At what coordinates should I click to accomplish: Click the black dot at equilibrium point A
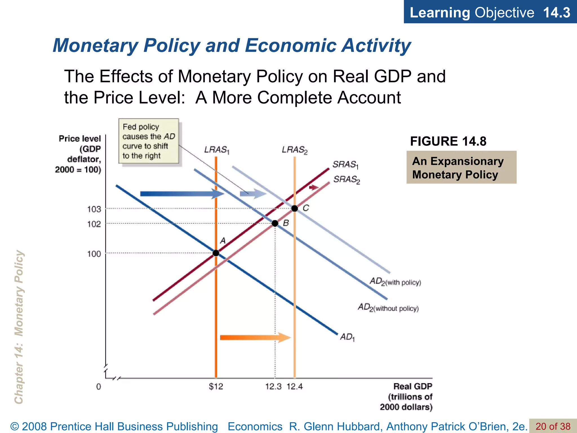[x=216, y=253]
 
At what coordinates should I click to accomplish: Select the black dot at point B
[x=275, y=223]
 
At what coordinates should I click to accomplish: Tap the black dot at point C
[x=294, y=209]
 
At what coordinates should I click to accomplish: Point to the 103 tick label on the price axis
[x=94, y=209]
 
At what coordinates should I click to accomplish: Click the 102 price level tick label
[x=94, y=224]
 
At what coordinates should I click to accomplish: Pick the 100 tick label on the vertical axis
[x=94, y=254]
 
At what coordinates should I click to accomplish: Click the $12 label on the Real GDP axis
[x=216, y=386]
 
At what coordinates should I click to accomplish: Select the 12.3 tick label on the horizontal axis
[x=273, y=386]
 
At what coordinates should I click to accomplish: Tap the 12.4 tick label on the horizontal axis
[x=295, y=386]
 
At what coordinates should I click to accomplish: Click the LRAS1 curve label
[x=217, y=150]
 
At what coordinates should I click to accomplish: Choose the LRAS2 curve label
[x=294, y=150]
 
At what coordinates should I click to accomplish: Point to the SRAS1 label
[x=345, y=165]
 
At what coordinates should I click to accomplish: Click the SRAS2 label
[x=347, y=180]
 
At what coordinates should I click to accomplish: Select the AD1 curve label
[x=347, y=337]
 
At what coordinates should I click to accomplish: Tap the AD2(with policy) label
[x=395, y=282]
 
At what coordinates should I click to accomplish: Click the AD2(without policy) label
[x=388, y=308]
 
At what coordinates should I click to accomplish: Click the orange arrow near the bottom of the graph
[x=255, y=337]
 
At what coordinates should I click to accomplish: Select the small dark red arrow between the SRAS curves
[x=314, y=187]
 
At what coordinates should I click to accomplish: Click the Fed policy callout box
[x=149, y=141]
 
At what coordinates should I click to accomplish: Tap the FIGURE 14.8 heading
[x=448, y=141]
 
